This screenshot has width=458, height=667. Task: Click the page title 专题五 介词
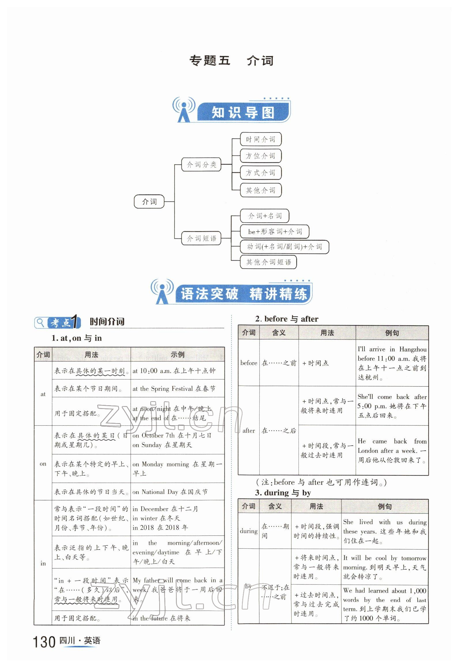coord(231,61)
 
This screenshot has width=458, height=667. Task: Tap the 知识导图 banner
coord(243,113)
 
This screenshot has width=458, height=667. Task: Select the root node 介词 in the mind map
coord(149,201)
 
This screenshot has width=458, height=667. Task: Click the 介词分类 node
coord(201,165)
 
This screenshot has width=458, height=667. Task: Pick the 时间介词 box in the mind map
coord(260,139)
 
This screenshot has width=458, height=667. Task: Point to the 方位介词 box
coord(260,156)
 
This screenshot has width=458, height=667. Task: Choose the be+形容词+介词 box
coord(275,231)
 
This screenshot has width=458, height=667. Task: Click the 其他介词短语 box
coord(268,262)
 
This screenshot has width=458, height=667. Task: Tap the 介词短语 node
coord(201,238)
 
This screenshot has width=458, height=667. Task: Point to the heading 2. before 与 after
coord(287,319)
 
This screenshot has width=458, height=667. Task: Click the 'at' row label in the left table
coord(43,394)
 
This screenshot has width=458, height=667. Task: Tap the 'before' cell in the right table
coord(249,363)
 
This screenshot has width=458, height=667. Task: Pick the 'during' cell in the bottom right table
coord(249,531)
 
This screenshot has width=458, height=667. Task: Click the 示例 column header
coord(177,354)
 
